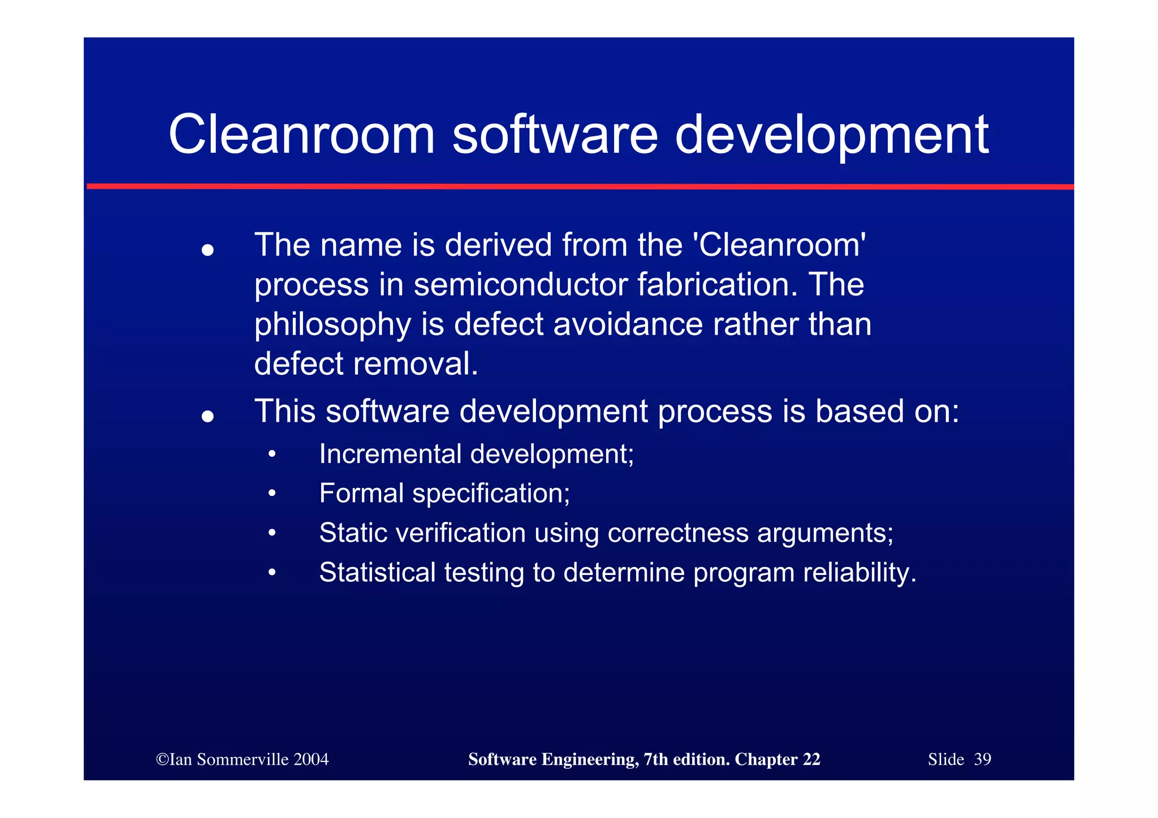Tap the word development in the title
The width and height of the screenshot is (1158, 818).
(831, 135)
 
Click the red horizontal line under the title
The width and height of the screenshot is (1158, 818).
(580, 186)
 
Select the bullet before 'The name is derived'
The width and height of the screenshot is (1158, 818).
(208, 250)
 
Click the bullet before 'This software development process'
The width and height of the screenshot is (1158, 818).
(208, 417)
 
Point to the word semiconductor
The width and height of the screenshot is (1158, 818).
(520, 284)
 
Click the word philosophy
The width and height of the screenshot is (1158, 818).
(332, 324)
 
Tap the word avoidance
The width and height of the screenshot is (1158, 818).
(628, 324)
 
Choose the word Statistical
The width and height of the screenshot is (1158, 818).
(377, 573)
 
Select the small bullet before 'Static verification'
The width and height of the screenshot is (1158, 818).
(272, 533)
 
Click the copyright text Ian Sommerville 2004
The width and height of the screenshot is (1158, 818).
(243, 759)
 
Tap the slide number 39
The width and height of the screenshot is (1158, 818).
(983, 759)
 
